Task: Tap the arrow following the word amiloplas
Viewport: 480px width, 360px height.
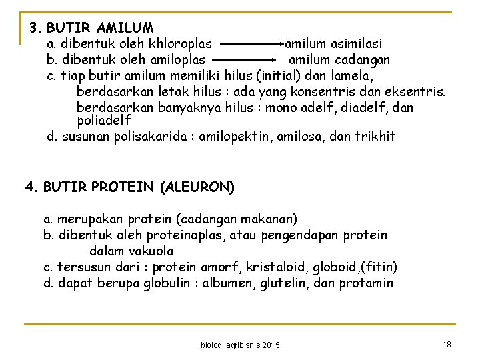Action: pyautogui.click(x=244, y=60)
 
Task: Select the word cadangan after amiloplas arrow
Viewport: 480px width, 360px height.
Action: pyautogui.click(x=363, y=60)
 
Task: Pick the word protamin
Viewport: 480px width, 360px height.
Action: pyautogui.click(x=366, y=283)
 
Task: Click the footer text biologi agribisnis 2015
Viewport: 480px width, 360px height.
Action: pyautogui.click(x=240, y=345)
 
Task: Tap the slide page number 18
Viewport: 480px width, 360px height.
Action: pyautogui.click(x=446, y=343)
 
